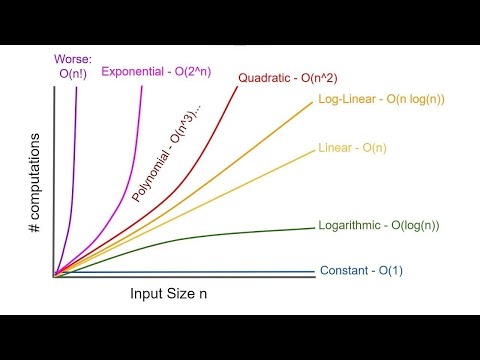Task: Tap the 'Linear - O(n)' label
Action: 350,149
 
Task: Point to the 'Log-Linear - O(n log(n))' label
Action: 382,100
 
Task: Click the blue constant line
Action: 200,273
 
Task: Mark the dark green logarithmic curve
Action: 200,238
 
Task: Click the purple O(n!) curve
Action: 76,150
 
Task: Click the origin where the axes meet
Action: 53,275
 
